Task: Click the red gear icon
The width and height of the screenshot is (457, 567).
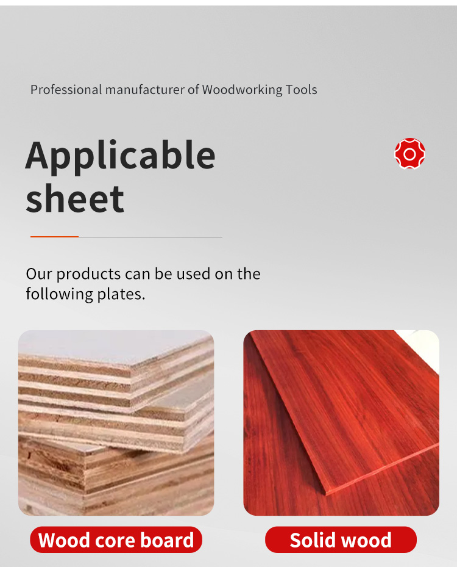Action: [409, 154]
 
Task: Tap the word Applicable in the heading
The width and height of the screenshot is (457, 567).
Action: [120, 156]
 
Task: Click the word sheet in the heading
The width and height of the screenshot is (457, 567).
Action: [75, 198]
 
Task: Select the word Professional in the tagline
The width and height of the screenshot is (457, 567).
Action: [66, 89]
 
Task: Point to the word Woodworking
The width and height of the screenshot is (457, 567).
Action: [243, 89]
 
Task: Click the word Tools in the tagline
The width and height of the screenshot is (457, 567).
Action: [302, 89]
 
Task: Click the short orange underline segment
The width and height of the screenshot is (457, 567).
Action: [54, 236]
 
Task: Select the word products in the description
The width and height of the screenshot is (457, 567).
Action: [88, 274]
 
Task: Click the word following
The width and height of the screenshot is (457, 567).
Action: [60, 294]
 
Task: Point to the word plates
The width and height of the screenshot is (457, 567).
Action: [121, 294]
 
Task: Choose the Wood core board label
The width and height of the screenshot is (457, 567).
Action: [116, 540]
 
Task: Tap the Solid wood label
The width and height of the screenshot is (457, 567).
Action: [341, 540]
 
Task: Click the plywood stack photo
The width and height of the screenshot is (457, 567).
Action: [116, 423]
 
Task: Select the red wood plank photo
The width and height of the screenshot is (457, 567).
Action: [341, 423]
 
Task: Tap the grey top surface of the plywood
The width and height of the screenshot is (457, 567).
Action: [108, 346]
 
